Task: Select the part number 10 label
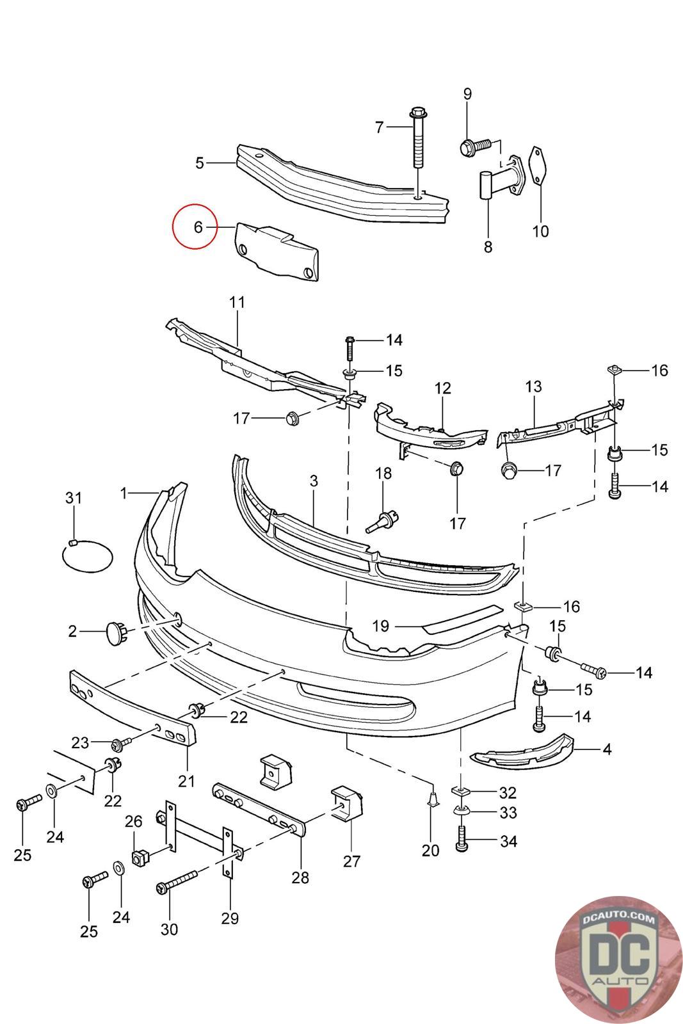click(x=540, y=232)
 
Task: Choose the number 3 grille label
click(x=314, y=481)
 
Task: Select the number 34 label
click(x=508, y=841)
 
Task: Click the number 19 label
click(x=380, y=625)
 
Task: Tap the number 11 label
click(x=237, y=302)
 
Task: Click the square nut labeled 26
click(x=140, y=856)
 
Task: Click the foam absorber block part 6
click(x=278, y=253)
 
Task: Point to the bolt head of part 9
click(x=467, y=148)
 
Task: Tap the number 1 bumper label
click(x=124, y=493)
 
